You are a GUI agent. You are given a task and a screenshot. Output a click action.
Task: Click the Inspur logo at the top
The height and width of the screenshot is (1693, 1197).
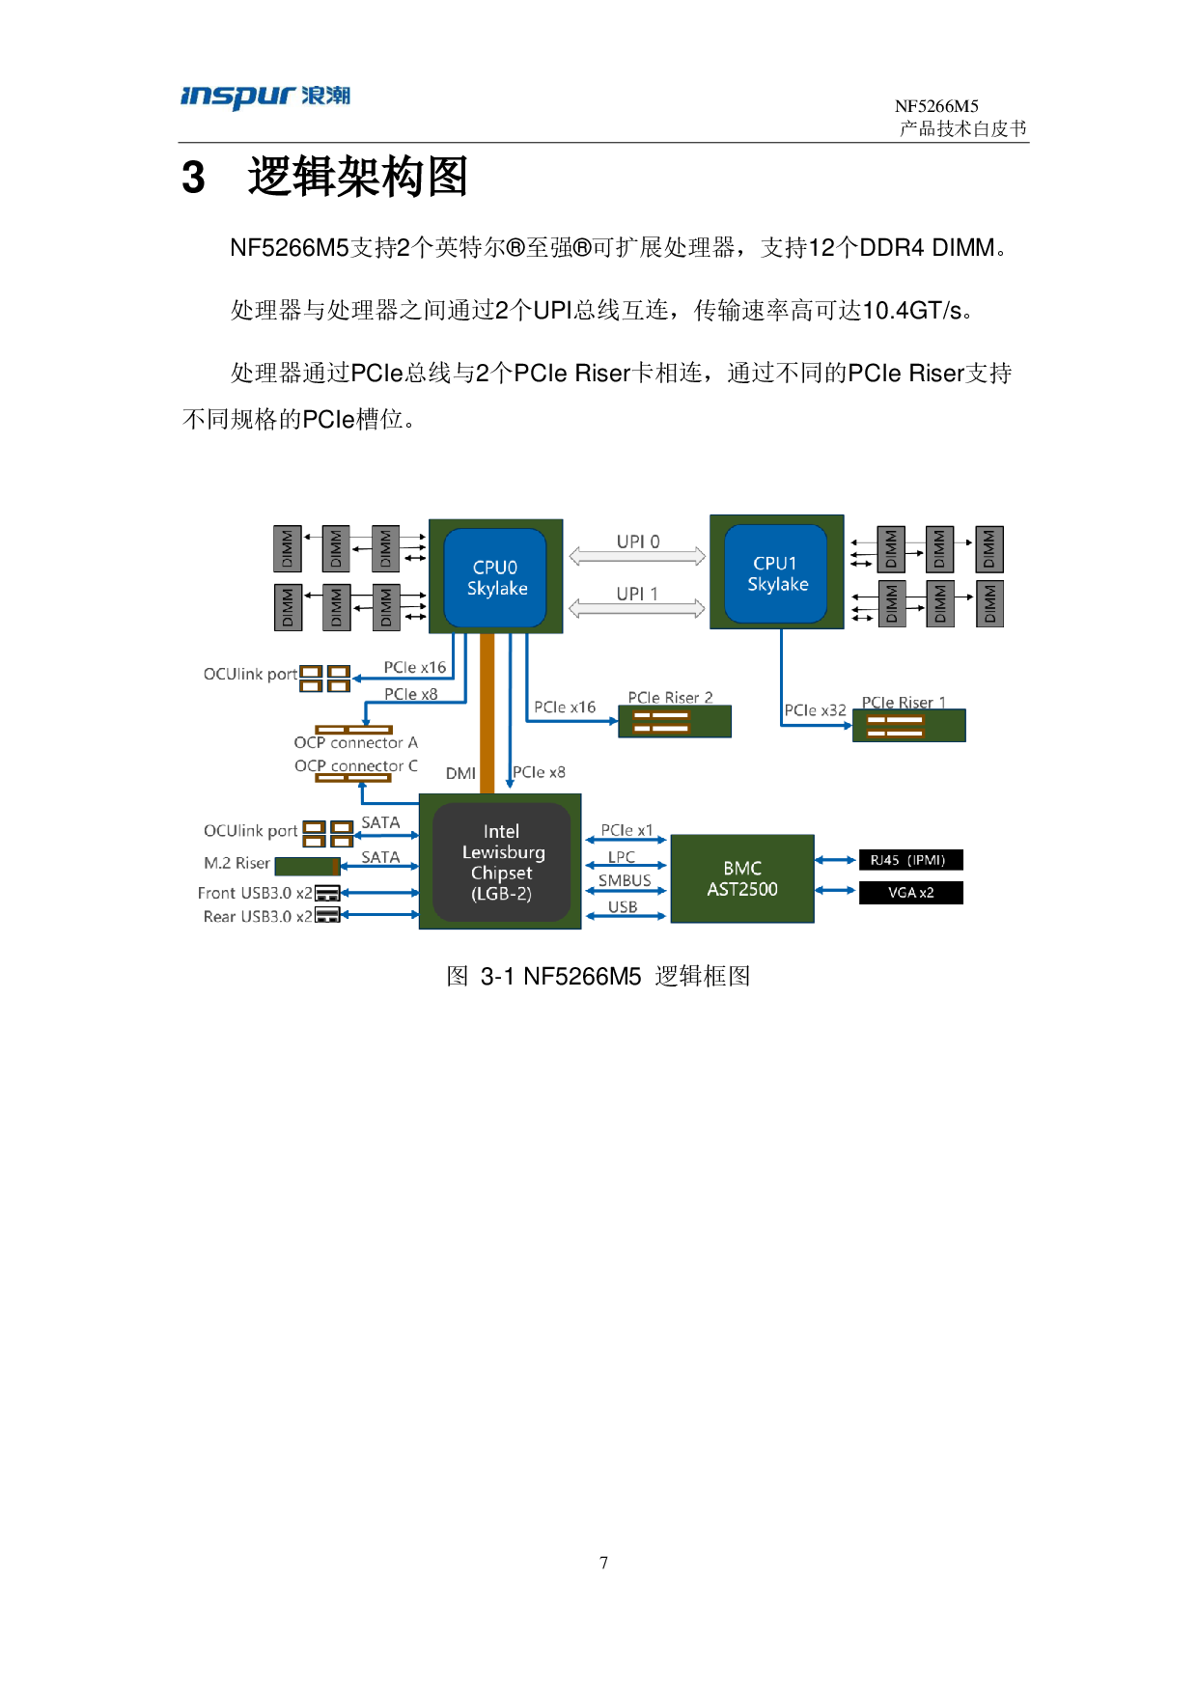click(264, 97)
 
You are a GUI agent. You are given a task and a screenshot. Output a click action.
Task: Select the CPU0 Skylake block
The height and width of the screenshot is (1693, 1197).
click(495, 577)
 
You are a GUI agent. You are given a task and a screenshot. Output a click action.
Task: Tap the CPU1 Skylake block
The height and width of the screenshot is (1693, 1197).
click(776, 573)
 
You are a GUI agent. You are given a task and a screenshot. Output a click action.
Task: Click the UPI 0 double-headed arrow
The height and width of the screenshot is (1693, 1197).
click(637, 556)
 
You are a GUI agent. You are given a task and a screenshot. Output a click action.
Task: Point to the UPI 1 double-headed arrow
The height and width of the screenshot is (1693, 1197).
click(637, 608)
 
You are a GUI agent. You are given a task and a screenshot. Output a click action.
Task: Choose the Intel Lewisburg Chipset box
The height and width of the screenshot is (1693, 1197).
click(501, 862)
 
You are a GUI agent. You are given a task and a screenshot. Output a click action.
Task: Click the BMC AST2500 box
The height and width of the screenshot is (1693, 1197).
click(741, 878)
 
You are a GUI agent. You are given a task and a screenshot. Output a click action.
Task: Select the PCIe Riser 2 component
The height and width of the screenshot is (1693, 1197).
click(675, 721)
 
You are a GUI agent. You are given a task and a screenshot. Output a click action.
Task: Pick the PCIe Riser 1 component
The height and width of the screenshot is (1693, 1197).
click(908, 726)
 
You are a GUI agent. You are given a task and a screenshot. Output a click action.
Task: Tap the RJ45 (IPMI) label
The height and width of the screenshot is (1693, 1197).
click(907, 860)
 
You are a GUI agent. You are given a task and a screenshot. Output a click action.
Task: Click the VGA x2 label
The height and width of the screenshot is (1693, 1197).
click(910, 893)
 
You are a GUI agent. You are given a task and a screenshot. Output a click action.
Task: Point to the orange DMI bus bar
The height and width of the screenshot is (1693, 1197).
click(487, 714)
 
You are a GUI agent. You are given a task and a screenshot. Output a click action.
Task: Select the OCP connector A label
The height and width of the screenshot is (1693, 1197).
click(355, 743)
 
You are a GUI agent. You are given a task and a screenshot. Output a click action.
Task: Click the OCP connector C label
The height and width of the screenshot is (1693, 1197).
click(355, 765)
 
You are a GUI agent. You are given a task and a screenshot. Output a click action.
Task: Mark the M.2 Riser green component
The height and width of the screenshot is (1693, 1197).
click(307, 866)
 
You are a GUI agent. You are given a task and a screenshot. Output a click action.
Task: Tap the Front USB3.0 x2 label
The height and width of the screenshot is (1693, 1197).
click(255, 893)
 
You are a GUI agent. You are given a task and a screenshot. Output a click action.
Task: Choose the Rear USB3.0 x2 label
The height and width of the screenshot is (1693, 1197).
click(258, 917)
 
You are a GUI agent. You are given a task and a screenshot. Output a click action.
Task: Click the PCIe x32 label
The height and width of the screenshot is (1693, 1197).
click(815, 710)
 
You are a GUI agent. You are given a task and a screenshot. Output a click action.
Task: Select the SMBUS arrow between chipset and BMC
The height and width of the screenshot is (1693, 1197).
click(626, 891)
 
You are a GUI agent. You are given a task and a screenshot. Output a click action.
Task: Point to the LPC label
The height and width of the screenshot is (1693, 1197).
click(622, 857)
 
